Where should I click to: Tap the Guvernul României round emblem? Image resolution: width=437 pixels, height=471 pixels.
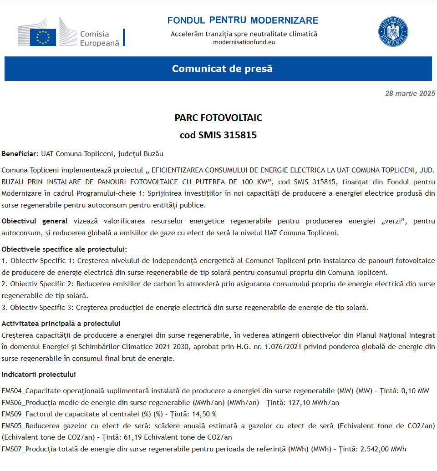pyautogui.click(x=393, y=32)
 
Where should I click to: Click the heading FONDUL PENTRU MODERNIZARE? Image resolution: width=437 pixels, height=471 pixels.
pyautogui.click(x=243, y=20)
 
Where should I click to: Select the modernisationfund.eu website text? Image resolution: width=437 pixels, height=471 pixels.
pyautogui.click(x=244, y=42)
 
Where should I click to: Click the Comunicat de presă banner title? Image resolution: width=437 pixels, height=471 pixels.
pyautogui.click(x=222, y=69)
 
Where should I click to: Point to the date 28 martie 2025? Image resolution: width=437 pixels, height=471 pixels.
pyautogui.click(x=410, y=94)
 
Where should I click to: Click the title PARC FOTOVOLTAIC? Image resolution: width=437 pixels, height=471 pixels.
pyautogui.click(x=218, y=118)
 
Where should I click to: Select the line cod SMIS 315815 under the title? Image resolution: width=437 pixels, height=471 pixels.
pyautogui.click(x=218, y=135)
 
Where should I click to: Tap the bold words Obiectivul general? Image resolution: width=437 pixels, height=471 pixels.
pyautogui.click(x=35, y=221)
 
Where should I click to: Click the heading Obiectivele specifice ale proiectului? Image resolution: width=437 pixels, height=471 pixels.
pyautogui.click(x=64, y=249)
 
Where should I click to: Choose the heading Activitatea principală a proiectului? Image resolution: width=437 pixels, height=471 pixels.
pyautogui.click(x=61, y=324)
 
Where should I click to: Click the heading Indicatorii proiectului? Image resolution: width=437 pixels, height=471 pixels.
pyautogui.click(x=39, y=375)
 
